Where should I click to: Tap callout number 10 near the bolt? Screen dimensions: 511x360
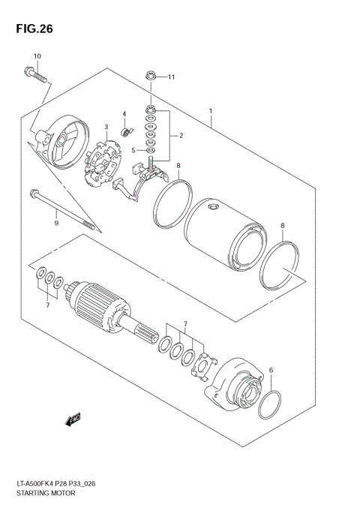[37, 57]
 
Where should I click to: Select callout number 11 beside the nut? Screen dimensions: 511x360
[171, 77]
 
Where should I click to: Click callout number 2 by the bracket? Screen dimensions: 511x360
[181, 136]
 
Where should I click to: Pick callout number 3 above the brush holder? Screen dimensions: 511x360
[107, 127]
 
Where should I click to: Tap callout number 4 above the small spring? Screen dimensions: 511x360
[124, 115]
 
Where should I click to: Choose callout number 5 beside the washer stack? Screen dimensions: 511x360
[133, 149]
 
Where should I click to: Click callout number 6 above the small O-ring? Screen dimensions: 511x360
[271, 369]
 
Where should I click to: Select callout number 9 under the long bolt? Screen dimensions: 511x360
[55, 222]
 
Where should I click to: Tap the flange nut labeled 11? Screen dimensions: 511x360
[150, 77]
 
